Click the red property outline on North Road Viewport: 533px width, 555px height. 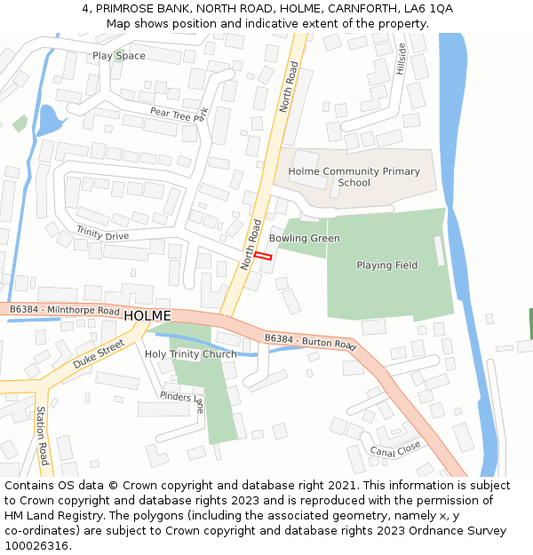tap(262, 256)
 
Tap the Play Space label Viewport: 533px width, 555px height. tap(119, 56)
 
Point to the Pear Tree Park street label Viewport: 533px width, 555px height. tap(178, 113)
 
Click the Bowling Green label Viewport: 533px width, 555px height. tap(304, 239)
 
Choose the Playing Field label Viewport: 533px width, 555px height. tap(386, 266)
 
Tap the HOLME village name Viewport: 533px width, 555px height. tap(147, 316)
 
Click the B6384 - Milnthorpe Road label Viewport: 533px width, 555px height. tap(63, 311)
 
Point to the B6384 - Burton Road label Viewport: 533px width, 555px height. tap(310, 341)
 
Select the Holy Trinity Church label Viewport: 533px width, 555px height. tap(190, 354)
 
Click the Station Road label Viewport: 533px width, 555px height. tap(42, 436)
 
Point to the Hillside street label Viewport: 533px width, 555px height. tap(401, 59)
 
